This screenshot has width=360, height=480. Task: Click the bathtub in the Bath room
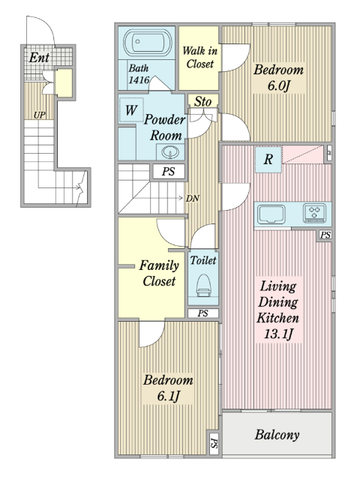point(147,42)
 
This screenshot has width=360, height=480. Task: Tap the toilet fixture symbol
point(203,286)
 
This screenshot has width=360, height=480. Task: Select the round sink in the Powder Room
point(170,151)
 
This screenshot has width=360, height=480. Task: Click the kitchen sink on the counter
point(271,214)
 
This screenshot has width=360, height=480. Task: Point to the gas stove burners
point(314,212)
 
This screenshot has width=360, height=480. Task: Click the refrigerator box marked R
point(268,160)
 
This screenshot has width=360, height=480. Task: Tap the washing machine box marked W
point(131,110)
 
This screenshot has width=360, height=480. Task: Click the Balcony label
point(277,435)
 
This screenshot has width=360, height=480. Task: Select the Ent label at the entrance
point(39,57)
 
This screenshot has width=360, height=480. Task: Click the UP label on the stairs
point(39,115)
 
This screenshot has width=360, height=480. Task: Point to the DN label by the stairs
point(193,198)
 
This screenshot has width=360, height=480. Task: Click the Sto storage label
point(202,101)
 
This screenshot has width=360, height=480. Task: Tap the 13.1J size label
point(278,334)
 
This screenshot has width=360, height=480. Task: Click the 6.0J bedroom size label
point(278,86)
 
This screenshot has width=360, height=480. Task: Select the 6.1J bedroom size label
point(168,397)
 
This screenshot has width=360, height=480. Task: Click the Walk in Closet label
point(200,57)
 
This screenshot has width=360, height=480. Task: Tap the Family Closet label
point(159,273)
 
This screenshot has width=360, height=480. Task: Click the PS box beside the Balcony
point(214,443)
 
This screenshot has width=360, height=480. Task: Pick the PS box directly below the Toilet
point(203,313)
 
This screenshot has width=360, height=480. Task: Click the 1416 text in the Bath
point(139,80)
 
